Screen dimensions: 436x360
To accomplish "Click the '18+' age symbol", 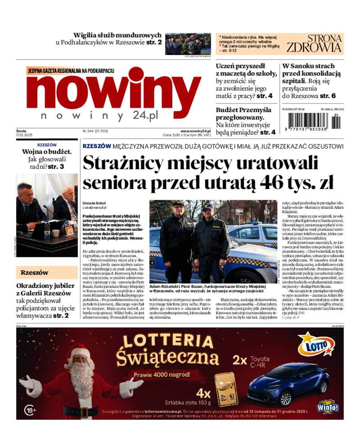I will coord(30,410).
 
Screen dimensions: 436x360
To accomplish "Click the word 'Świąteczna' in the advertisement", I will coord(167,358).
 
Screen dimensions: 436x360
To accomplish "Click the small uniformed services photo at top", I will coord(187,44).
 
